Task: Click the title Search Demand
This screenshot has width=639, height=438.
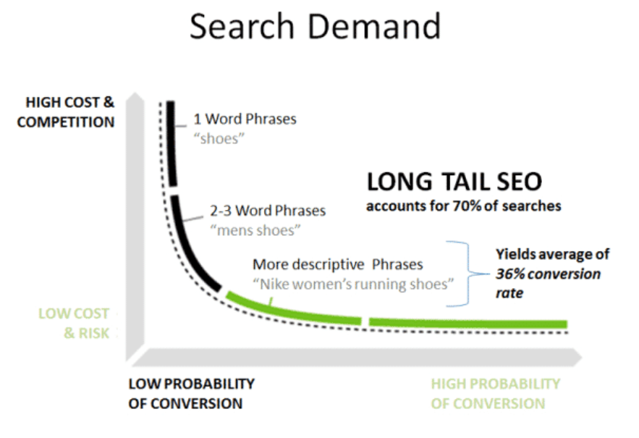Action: point(315,27)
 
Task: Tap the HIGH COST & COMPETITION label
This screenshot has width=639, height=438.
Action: point(66,112)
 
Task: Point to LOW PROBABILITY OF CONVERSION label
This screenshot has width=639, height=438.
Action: point(191,393)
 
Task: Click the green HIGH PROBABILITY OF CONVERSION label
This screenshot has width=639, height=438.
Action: point(495,393)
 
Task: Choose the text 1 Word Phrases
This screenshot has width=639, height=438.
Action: point(245,118)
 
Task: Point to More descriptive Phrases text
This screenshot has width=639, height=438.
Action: point(338,264)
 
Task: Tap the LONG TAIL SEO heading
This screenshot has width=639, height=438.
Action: point(454,182)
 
